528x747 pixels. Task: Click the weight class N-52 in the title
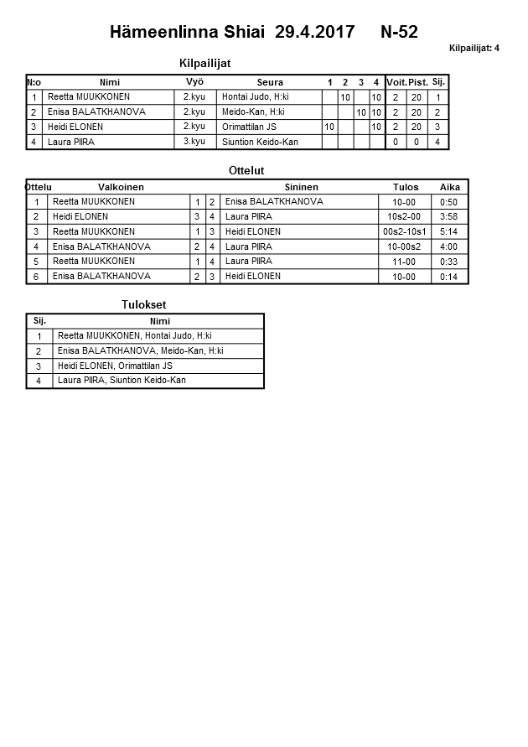click(399, 33)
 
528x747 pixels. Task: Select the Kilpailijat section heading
click(205, 63)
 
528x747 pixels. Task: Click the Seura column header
click(270, 82)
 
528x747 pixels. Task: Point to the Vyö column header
click(194, 82)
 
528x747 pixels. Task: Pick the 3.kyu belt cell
click(194, 142)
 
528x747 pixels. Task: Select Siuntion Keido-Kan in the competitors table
click(260, 142)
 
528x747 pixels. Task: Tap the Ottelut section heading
click(246, 171)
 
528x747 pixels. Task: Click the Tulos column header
click(406, 187)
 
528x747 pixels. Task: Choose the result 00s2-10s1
click(405, 231)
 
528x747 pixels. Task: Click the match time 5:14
click(449, 231)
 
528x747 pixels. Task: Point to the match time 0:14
click(449, 277)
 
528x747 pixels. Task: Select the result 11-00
click(405, 262)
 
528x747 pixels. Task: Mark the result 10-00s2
click(405, 246)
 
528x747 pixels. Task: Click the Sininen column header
click(301, 187)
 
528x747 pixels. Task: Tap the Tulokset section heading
click(144, 304)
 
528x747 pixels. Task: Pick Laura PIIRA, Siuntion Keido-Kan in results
click(122, 381)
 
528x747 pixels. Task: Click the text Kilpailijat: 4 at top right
click(474, 48)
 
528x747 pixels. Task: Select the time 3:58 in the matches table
click(449, 216)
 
